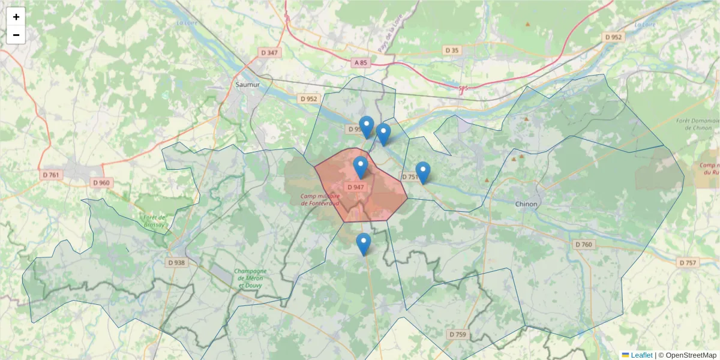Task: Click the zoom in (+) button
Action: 16,17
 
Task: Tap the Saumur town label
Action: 248,85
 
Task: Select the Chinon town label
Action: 526,204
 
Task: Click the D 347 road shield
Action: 270,53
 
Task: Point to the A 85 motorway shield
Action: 360,62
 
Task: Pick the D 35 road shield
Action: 452,50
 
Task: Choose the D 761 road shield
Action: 52,175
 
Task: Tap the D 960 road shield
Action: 101,182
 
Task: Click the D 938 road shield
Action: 176,262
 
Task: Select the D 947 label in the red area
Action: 356,187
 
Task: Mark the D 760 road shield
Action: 583,245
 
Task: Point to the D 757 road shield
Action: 688,263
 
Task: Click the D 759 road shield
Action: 457,334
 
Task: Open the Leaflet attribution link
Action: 641,355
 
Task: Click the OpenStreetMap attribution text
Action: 687,355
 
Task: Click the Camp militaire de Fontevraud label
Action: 320,199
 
